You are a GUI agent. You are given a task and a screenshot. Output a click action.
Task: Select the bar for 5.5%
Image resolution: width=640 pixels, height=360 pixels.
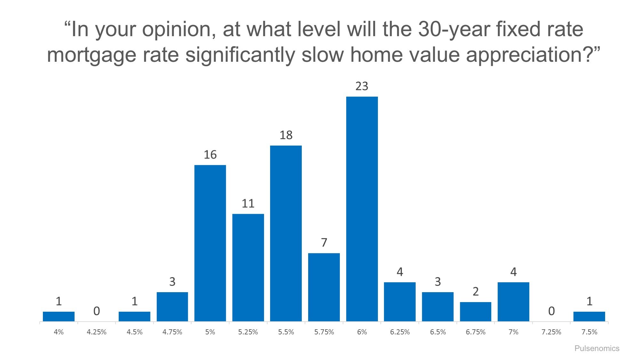286,233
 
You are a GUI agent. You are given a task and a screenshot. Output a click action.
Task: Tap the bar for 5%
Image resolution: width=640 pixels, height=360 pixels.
210,243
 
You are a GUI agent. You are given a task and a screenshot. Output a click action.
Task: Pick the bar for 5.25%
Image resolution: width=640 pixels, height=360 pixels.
248,268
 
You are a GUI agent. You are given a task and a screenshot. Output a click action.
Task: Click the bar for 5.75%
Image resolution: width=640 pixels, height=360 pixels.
324,287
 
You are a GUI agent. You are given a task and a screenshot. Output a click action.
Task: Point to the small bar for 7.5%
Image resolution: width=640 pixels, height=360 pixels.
589,316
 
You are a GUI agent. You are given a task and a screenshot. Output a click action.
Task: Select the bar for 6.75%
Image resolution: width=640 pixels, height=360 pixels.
476,311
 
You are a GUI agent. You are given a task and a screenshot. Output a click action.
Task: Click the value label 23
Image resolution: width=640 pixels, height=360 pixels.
362,86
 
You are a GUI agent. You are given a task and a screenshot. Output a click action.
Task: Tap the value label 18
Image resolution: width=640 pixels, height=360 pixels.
286,135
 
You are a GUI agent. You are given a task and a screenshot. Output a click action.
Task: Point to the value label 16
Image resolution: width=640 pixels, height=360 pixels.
210,155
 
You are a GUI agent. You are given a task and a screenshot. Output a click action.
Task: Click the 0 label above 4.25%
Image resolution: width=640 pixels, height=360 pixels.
96,311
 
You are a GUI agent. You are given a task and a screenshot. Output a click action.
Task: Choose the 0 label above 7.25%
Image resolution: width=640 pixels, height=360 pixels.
551,311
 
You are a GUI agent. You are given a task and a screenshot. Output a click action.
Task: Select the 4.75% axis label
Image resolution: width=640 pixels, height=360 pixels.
172,332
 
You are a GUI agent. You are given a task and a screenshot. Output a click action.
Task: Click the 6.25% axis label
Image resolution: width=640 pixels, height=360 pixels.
400,332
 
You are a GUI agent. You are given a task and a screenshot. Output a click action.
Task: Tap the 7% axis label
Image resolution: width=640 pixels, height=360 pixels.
513,332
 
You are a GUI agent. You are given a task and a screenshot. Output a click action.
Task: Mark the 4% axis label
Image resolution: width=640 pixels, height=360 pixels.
59,332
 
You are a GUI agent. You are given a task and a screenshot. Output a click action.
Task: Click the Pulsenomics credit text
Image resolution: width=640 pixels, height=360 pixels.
597,348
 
